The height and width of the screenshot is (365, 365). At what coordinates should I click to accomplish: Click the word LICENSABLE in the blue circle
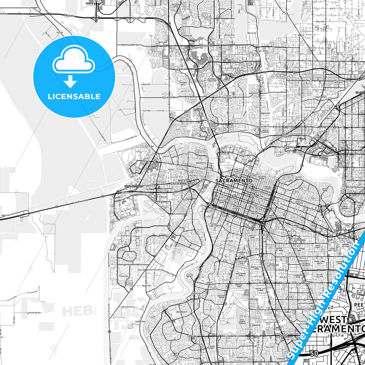pos(74,96)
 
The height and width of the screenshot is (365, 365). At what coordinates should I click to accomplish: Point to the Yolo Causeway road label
pos(80,201)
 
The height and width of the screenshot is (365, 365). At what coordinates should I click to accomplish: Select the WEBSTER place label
pos(5,215)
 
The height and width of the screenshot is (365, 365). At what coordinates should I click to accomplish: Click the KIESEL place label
pos(60,33)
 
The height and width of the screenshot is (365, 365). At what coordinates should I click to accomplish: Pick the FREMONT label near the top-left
pos(34,8)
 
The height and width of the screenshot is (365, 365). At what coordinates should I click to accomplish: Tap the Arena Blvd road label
pos(180,69)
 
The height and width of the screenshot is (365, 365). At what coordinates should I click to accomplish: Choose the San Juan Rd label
pos(169,97)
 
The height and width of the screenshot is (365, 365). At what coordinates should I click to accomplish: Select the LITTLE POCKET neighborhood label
pos(189,275)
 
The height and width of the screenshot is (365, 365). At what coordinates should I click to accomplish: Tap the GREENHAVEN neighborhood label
pos(181,312)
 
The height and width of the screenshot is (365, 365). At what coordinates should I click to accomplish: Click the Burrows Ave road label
pos(128,307)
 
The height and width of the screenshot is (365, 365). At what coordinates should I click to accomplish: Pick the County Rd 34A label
pos(34,313)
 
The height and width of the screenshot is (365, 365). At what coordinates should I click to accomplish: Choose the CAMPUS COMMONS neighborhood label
pos(345,207)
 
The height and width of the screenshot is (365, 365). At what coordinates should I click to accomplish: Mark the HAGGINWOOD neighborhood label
pos(321,97)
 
